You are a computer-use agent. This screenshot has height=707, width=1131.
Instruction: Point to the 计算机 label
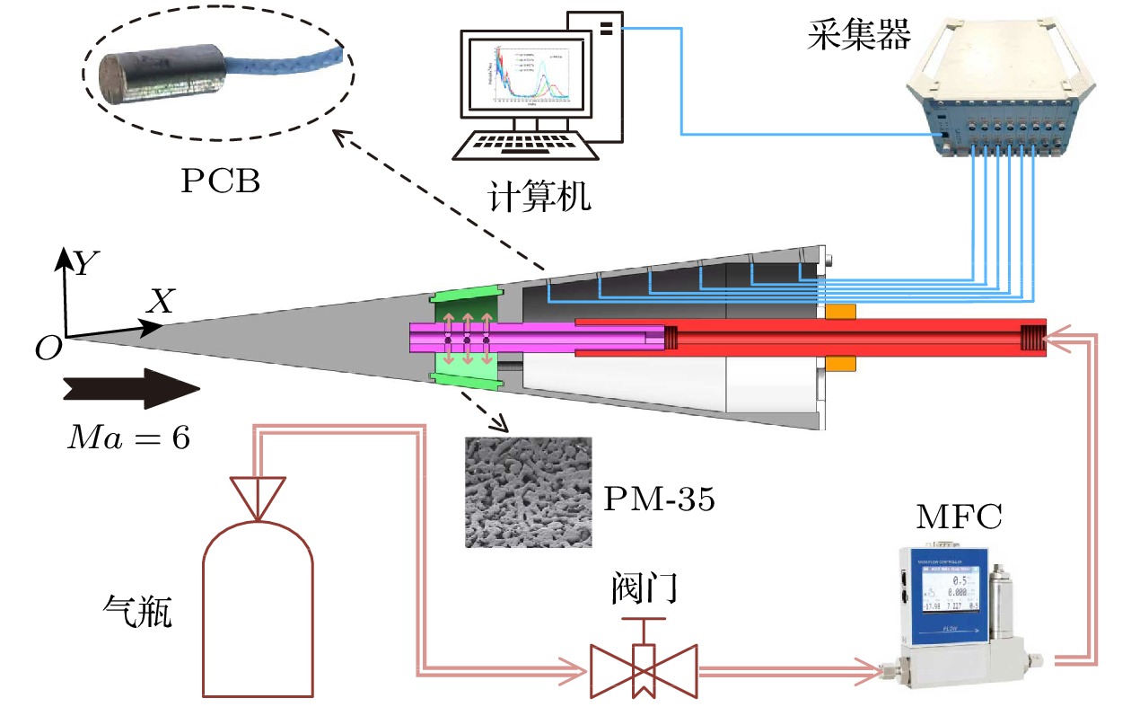[x=539, y=195]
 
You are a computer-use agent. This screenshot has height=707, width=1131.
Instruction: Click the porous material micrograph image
[x=529, y=491]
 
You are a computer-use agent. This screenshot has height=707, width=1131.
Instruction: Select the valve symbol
[x=644, y=669]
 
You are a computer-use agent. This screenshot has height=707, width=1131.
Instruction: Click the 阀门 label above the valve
[x=644, y=589]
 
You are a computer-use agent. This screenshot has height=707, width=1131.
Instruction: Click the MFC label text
[x=959, y=518]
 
